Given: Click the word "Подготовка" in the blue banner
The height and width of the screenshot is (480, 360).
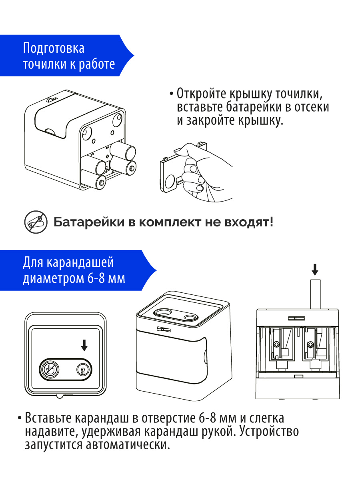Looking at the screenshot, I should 54,49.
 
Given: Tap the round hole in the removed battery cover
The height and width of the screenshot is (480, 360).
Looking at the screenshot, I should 170,182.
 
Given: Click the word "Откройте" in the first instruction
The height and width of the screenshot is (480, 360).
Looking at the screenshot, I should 202,94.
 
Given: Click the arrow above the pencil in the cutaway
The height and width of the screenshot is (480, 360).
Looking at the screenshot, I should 315,270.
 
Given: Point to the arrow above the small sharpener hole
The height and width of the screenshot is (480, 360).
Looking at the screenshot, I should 84,344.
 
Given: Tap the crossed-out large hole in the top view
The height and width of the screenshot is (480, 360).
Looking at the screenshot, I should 49,368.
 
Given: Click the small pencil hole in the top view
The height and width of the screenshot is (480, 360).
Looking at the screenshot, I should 83,369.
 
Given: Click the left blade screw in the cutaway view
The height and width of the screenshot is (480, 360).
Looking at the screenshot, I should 276,344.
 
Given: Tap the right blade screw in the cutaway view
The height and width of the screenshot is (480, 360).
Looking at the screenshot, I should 310,344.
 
